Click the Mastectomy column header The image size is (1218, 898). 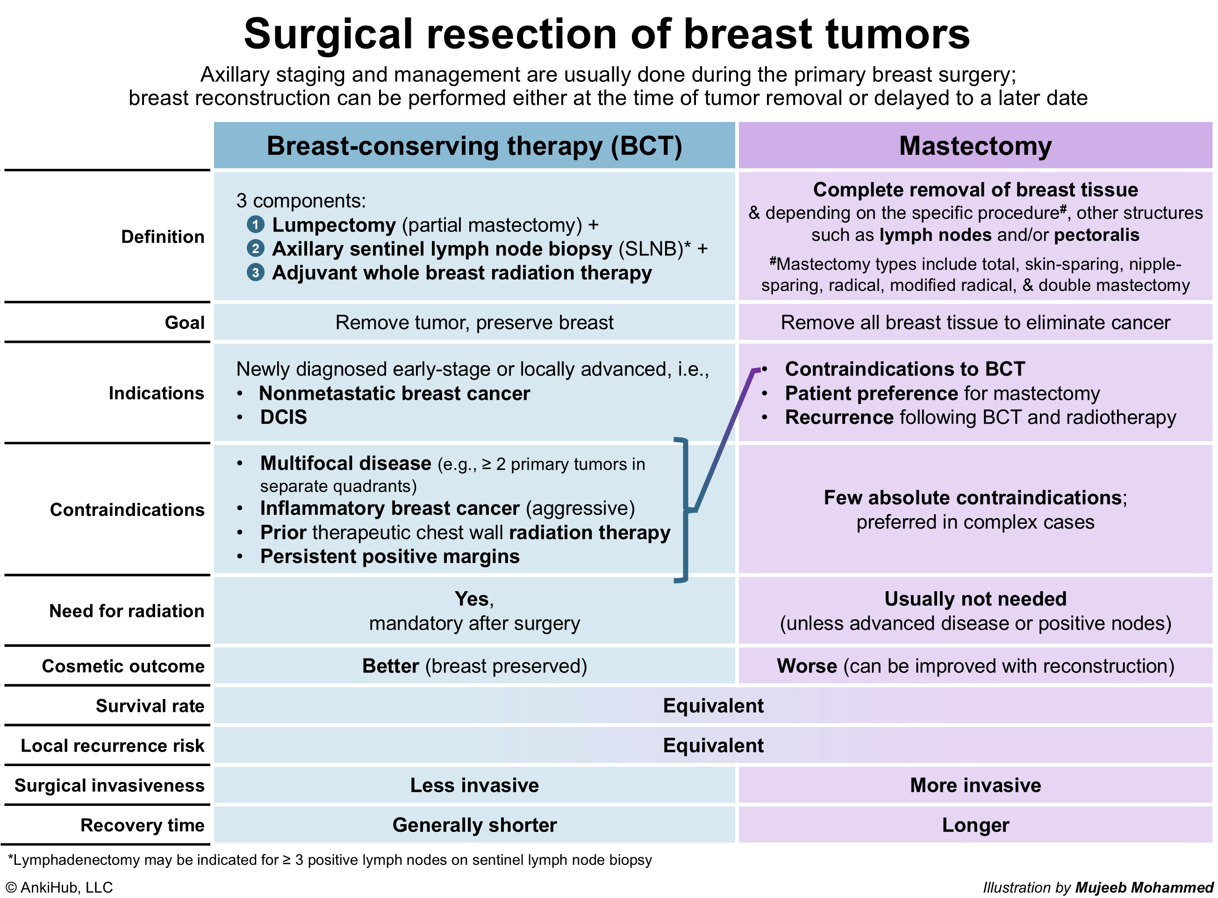975,145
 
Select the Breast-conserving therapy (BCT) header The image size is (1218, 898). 474,145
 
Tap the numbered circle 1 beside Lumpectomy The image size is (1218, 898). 255,224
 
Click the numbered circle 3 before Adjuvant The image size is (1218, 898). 255,272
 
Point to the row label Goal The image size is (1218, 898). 185,322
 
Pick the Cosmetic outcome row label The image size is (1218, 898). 123,666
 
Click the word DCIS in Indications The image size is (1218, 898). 284,417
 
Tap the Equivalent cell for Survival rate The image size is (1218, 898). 713,706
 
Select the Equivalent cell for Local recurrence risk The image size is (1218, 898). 713,745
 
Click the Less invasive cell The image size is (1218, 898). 474,785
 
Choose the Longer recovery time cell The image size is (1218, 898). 975,825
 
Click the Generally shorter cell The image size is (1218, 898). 474,825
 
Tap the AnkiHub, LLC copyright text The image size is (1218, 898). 59,887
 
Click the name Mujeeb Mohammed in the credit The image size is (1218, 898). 1144,887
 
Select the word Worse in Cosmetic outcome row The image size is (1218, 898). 807,666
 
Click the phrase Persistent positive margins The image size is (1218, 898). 389,556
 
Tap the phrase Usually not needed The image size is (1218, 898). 975,599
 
